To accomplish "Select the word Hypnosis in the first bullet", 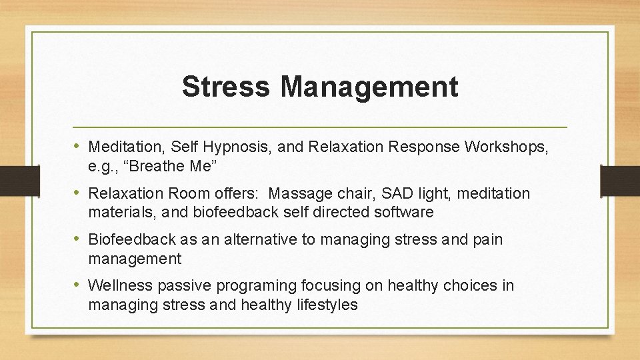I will (x=235, y=147).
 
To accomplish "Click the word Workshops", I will (x=505, y=146).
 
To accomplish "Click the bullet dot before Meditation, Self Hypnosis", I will (x=78, y=146).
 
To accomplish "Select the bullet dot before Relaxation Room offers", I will (x=78, y=193).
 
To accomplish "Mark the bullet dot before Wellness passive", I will (x=78, y=285).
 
